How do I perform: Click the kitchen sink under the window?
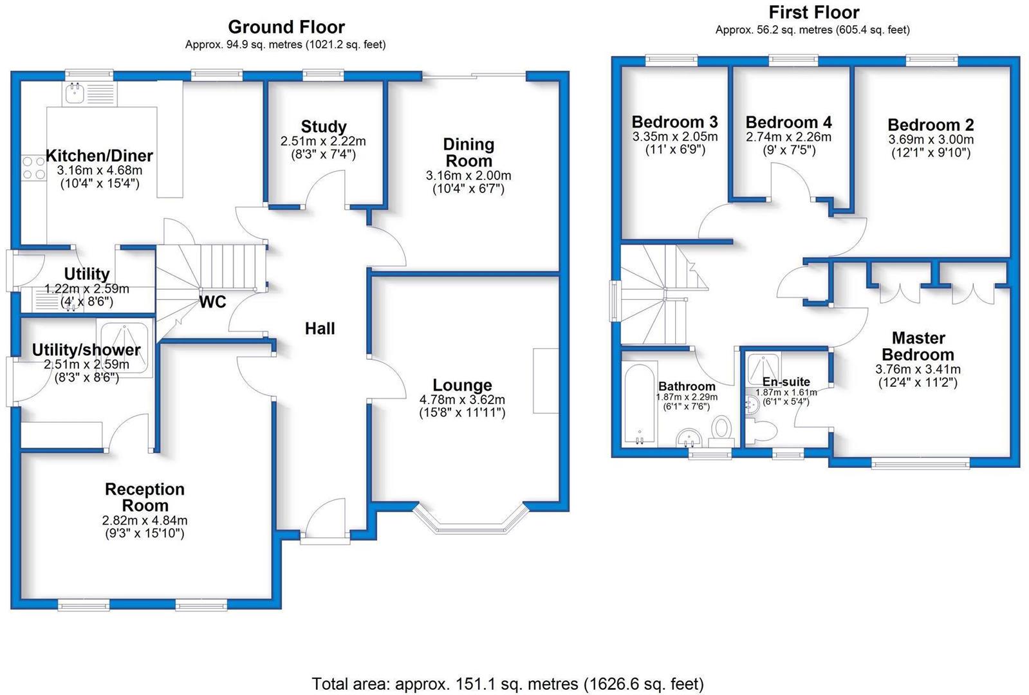[x=89, y=94]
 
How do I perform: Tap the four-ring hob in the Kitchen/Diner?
[x=34, y=168]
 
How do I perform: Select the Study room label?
[x=324, y=126]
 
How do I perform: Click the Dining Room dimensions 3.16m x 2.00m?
[x=468, y=176]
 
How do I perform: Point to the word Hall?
[x=320, y=328]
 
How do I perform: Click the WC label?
[x=213, y=302]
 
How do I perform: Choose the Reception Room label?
[x=145, y=497]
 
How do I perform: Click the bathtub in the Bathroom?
[x=639, y=405]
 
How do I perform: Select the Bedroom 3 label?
[x=674, y=122]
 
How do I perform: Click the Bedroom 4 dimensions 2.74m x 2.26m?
[x=788, y=137]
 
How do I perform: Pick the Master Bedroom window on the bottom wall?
[x=921, y=463]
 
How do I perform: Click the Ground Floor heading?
[x=286, y=27]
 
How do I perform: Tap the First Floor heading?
[x=814, y=12]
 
